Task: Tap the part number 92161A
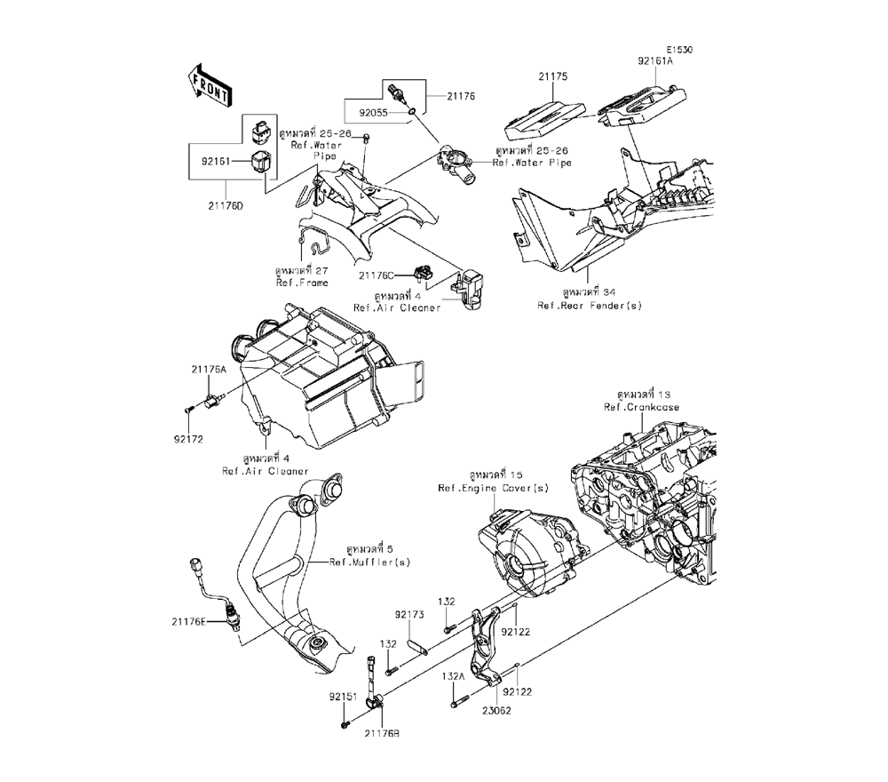[655, 63]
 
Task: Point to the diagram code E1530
[680, 51]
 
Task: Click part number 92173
[408, 614]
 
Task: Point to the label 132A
[452, 676]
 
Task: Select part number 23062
[496, 710]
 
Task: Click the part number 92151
[343, 698]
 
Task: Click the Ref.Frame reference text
[302, 283]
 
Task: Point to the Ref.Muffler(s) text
[369, 562]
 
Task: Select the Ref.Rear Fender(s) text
[589, 306]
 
